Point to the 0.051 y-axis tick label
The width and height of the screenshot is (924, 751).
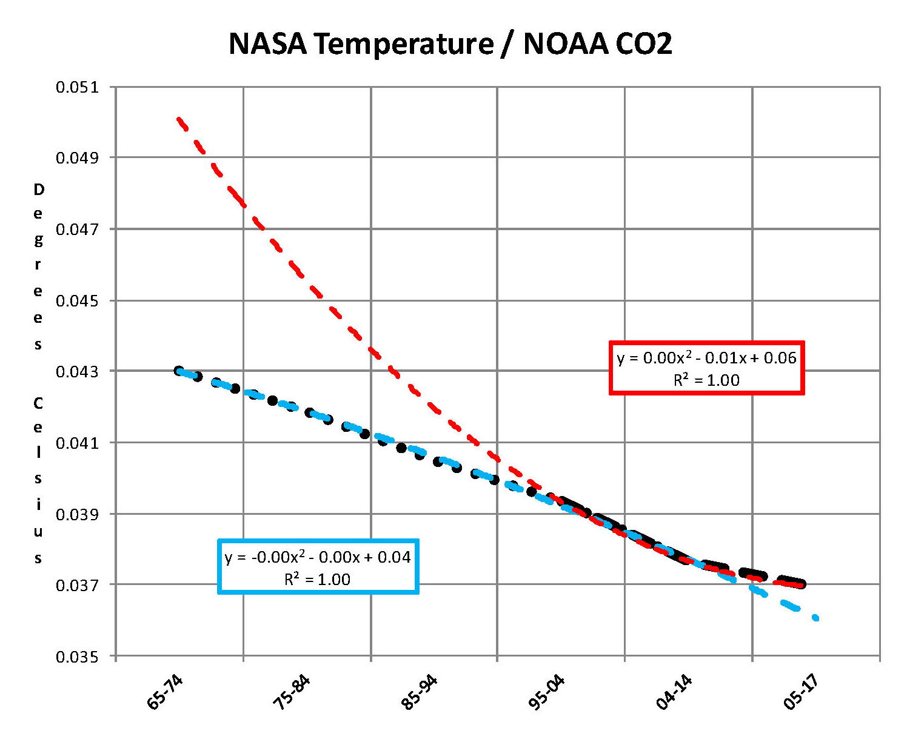pos(77,87)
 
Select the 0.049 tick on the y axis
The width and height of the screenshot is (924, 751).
pos(77,158)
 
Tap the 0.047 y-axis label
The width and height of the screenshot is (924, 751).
pos(77,229)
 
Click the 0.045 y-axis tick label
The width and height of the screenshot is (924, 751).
pos(77,300)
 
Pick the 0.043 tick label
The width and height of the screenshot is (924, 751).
pos(77,371)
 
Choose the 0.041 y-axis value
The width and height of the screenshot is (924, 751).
pos(77,443)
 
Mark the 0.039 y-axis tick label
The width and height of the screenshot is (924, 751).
pos(77,514)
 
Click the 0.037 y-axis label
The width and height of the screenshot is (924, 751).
pos(77,585)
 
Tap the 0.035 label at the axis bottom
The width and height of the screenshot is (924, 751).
pos(77,657)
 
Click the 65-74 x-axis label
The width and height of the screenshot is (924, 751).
pos(165,692)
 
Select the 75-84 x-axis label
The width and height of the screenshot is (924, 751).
pos(292,692)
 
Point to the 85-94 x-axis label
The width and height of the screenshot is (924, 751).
pos(420,692)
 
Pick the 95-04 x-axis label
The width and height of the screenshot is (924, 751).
pos(547,692)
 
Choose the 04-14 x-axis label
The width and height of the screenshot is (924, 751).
pos(674,692)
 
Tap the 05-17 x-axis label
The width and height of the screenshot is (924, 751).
pos(802,692)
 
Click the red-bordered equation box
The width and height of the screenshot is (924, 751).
pos(706,368)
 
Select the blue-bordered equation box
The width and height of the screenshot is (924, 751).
pos(318,567)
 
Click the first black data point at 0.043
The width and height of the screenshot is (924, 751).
pos(179,371)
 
